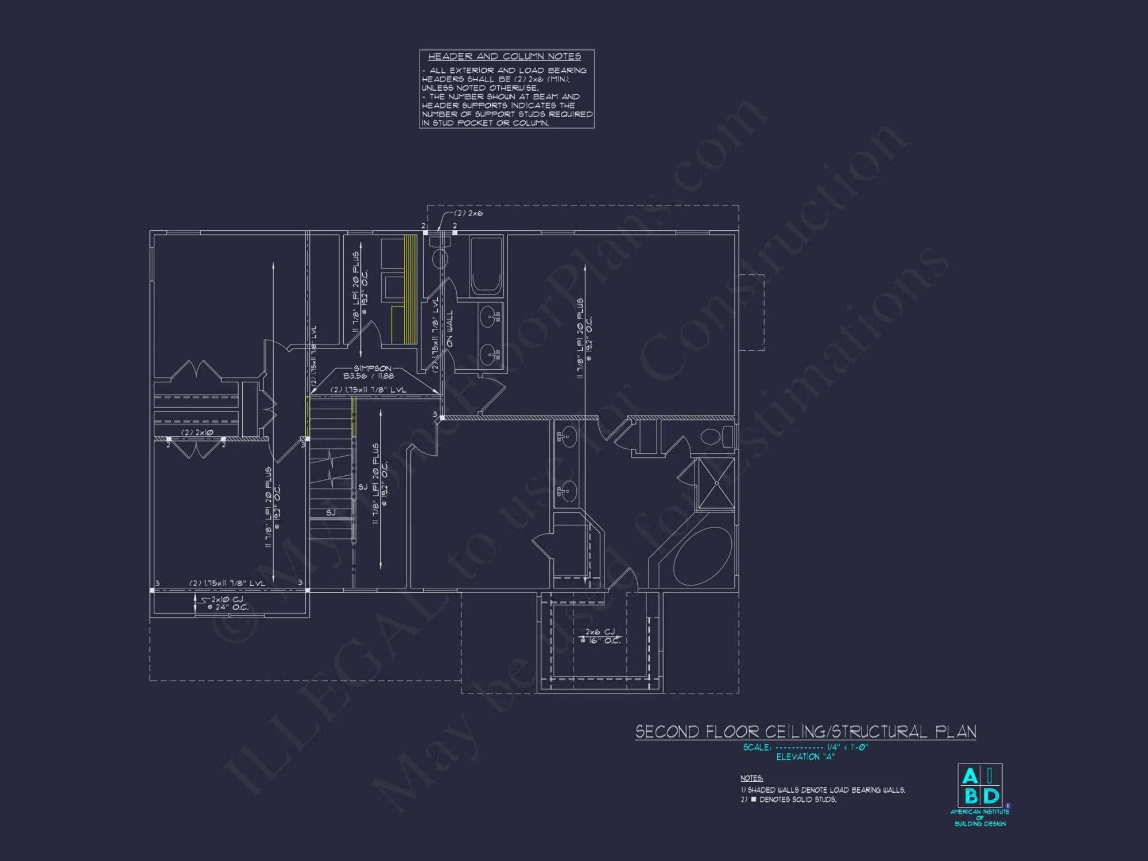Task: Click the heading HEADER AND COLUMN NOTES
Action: [505, 56]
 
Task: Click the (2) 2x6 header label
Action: [468, 213]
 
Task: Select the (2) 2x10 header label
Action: [197, 432]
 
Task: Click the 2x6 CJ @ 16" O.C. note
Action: [600, 636]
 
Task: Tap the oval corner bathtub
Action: [703, 556]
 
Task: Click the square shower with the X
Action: [716, 483]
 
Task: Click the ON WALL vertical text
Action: [450, 328]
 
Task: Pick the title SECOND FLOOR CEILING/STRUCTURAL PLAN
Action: [805, 732]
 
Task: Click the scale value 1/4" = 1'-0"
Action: [847, 747]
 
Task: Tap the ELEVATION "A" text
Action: [805, 757]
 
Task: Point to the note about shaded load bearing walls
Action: [823, 790]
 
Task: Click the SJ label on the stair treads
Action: [331, 513]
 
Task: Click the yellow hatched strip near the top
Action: [410, 289]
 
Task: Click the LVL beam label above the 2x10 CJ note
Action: [227, 583]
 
